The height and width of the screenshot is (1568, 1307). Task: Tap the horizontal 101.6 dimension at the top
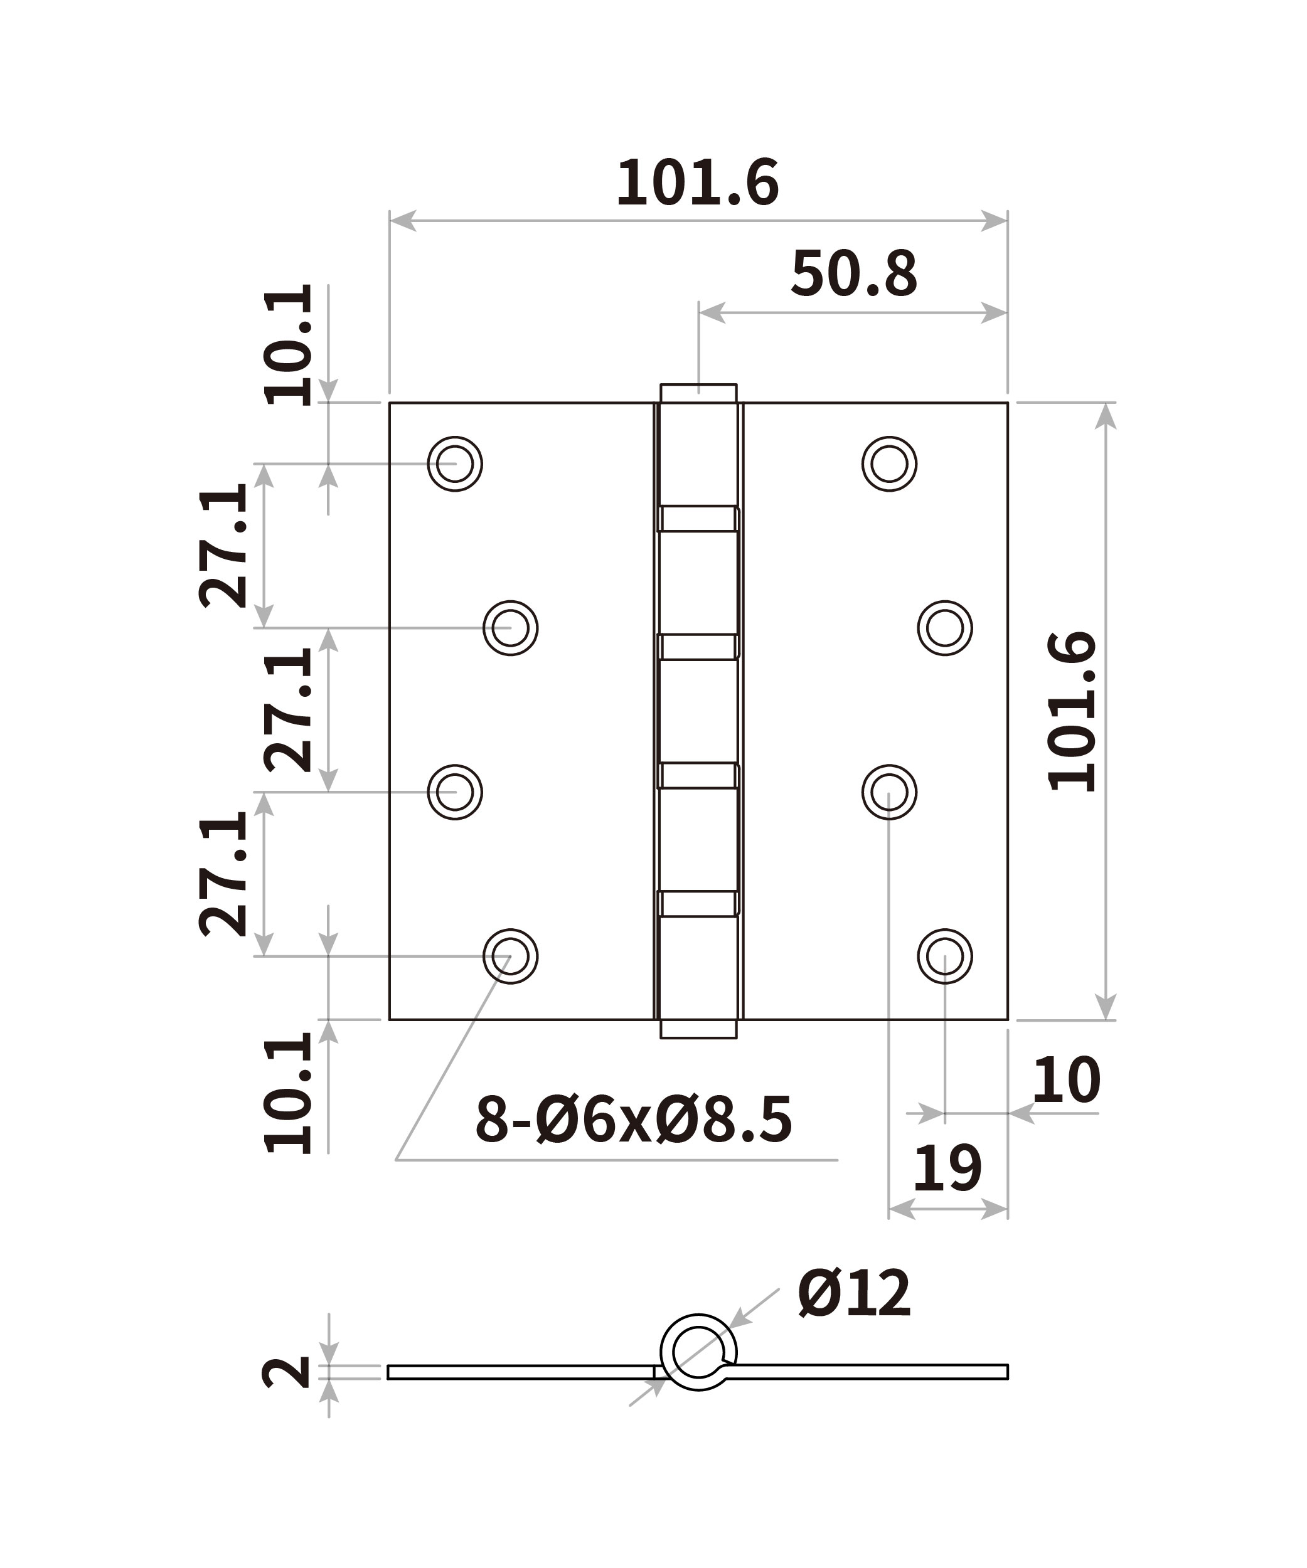pyautogui.click(x=698, y=183)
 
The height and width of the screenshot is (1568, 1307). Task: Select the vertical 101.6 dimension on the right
pyautogui.click(x=1072, y=711)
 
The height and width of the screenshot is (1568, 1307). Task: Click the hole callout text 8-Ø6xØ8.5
pyautogui.click(x=633, y=1120)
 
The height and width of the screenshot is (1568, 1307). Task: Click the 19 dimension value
pyautogui.click(x=947, y=1168)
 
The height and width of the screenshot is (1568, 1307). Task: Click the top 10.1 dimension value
pyautogui.click(x=287, y=345)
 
